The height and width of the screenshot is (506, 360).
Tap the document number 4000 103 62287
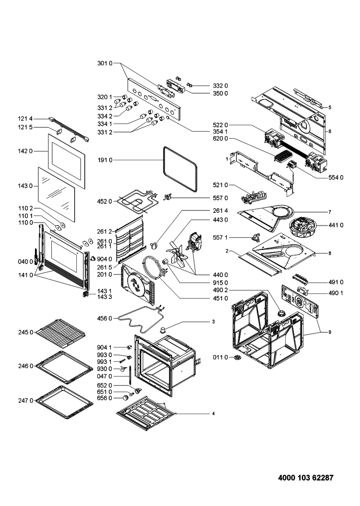[x=306, y=478]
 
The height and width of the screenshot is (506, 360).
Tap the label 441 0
[x=336, y=225]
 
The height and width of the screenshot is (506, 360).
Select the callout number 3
[x=214, y=322]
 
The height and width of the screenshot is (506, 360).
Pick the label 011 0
[x=220, y=358]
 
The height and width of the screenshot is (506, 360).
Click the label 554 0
[x=336, y=178]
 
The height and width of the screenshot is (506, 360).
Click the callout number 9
[x=330, y=332]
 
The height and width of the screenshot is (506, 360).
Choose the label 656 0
[x=104, y=398]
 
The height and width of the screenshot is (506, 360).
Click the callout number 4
[x=214, y=414]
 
